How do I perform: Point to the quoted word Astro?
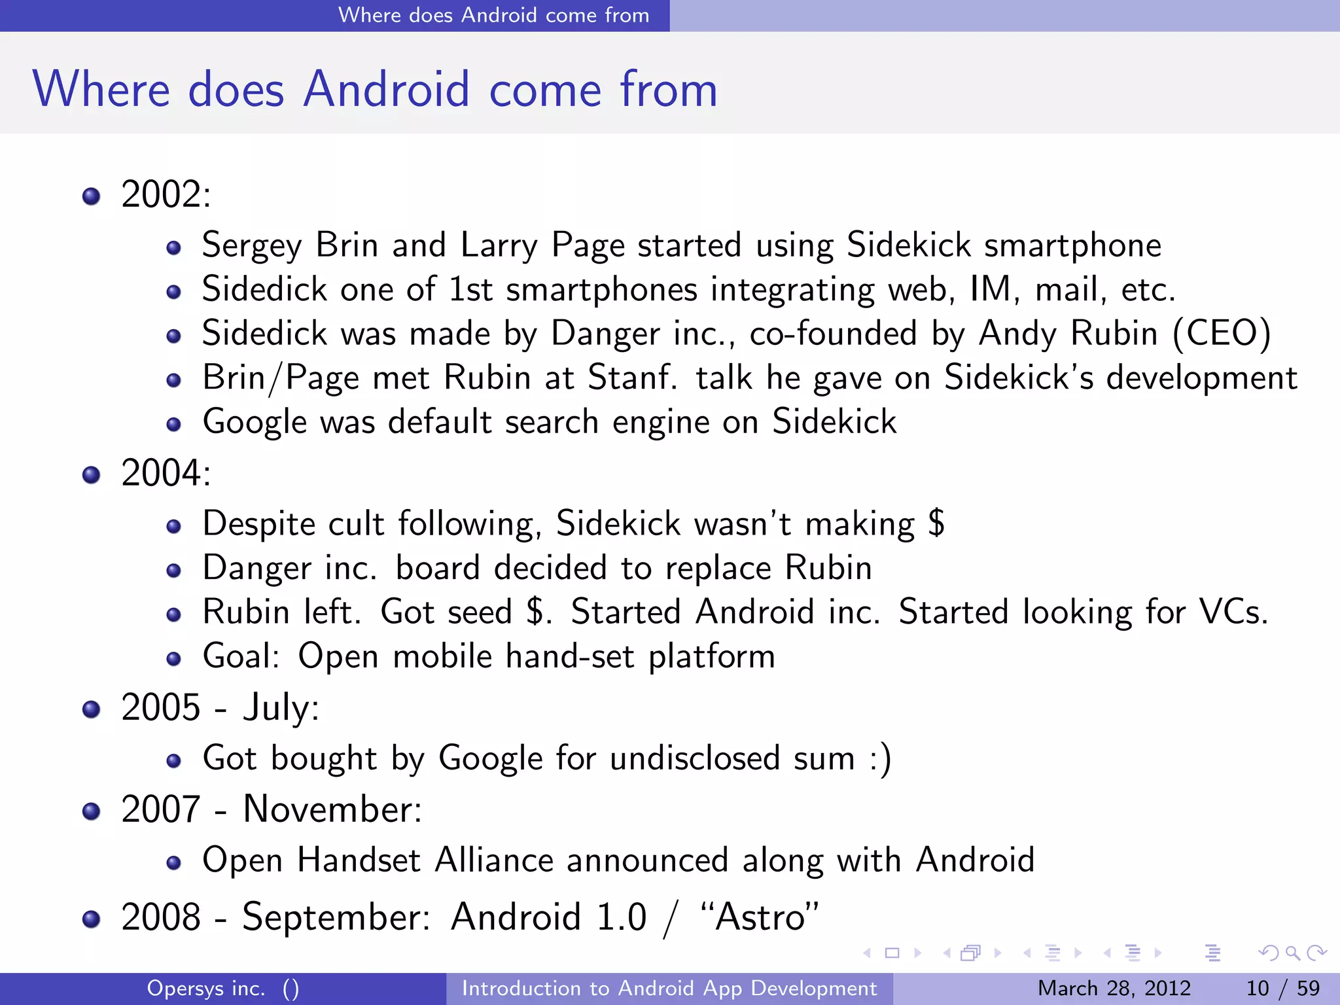pos(759,917)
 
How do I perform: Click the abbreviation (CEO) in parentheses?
pos(1222,333)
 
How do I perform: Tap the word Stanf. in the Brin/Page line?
pos(631,378)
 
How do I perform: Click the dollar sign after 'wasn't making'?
pos(936,523)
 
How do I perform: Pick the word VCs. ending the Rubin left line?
pos(1233,612)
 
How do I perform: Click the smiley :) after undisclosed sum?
pos(880,759)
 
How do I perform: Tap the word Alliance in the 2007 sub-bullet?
pos(494,860)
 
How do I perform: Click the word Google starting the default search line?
pos(255,422)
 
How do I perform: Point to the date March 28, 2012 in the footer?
pos(1114,988)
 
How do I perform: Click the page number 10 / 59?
pos(1282,988)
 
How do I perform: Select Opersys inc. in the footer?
pos(206,988)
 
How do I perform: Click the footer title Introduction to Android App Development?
pos(669,988)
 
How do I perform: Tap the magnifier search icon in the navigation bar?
pos(1292,953)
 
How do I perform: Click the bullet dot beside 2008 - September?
pos(92,919)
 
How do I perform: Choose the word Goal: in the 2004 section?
pos(241,656)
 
